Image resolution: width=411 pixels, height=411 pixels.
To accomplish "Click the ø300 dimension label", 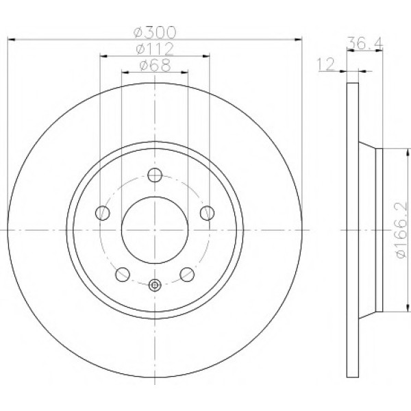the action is (155, 32).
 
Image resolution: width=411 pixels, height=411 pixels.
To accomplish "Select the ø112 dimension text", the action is (155, 49).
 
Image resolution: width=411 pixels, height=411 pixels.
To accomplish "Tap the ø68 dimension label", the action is (155, 65).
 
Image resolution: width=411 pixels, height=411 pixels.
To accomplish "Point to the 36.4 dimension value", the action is (365, 43).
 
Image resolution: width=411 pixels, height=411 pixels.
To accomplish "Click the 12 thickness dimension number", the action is (326, 64).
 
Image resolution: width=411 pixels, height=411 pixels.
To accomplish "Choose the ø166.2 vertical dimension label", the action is (401, 230).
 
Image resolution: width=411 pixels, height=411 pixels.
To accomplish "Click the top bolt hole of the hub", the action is (155, 175).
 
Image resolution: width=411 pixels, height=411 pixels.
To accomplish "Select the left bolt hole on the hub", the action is (103, 213).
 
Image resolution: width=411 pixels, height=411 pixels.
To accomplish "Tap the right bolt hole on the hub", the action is (207, 213).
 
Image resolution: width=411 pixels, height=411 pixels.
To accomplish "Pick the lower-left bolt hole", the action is (123, 275).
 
